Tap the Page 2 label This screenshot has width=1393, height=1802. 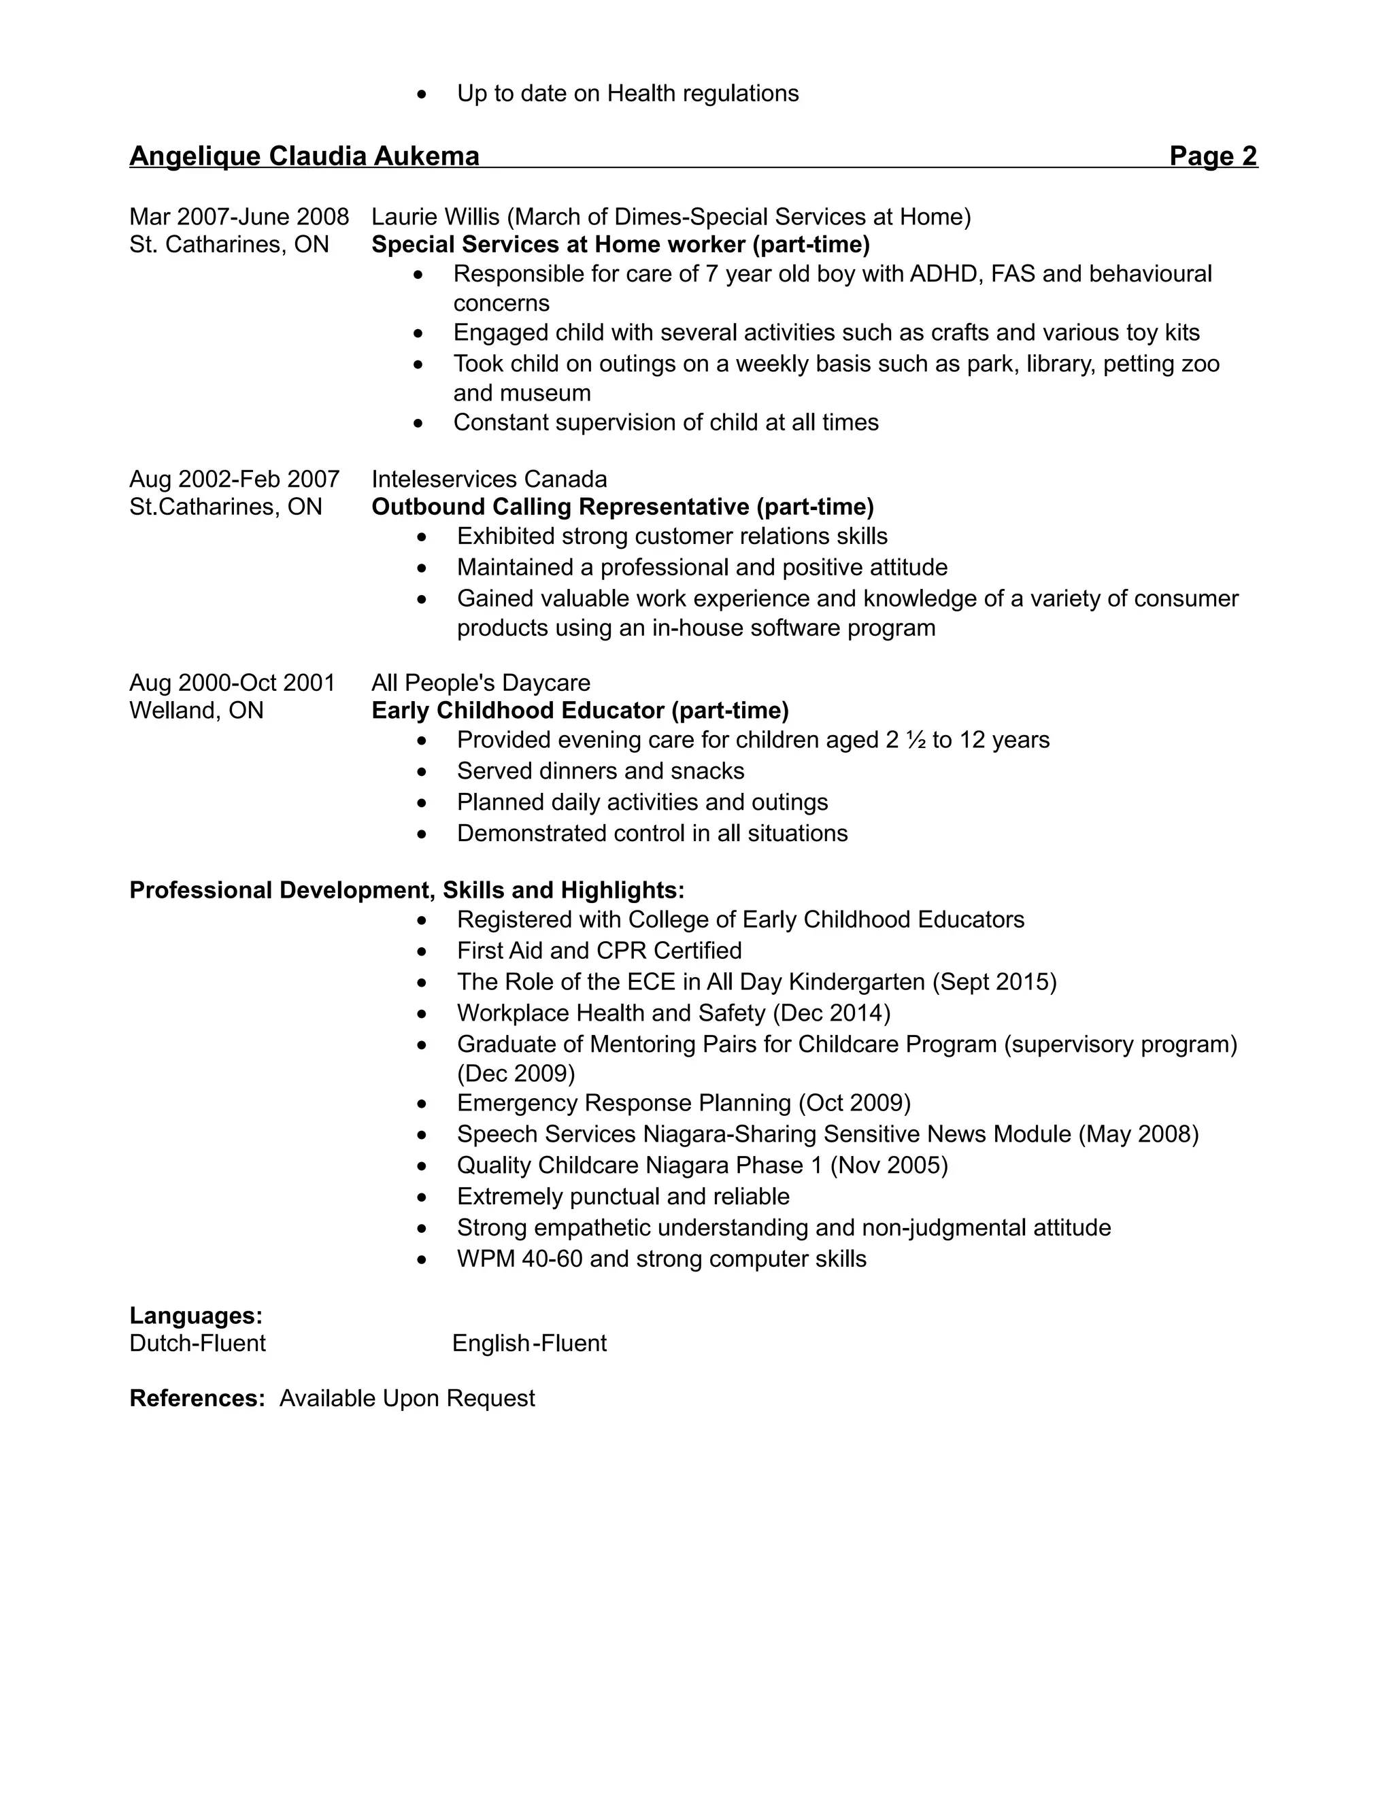[1212, 156]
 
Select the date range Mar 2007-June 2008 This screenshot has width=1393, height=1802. [239, 217]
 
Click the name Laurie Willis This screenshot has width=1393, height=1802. [435, 217]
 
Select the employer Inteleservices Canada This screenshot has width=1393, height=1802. [488, 479]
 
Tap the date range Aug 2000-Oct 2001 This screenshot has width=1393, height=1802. [232, 683]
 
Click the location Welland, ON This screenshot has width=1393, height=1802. [197, 711]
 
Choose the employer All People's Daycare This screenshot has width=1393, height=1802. [480, 683]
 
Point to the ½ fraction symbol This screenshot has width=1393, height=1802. [916, 740]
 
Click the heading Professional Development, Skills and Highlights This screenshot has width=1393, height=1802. [406, 890]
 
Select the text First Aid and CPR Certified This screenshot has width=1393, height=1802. [599, 951]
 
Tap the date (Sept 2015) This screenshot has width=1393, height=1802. [994, 982]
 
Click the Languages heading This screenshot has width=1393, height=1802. [196, 1315]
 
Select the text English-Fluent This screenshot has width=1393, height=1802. [529, 1343]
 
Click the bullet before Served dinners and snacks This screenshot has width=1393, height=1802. [422, 772]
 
